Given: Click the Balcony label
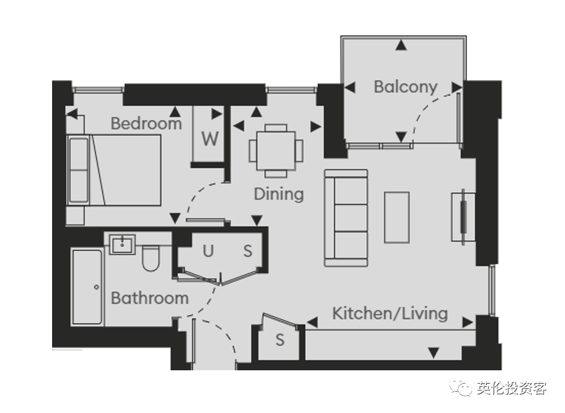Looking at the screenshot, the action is point(405,87).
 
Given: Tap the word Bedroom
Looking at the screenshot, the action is point(146,123).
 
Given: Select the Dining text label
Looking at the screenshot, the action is point(279,194).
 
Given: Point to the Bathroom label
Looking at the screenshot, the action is point(150,298).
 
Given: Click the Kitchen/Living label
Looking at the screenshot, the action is point(390,314).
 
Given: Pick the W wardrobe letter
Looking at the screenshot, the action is point(210,139).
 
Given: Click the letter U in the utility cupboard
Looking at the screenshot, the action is point(208,251).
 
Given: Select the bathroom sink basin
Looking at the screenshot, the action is point(122,244).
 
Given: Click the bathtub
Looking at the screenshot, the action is point(87,287).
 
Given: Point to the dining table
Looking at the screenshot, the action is point(276,151).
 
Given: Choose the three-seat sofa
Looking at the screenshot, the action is point(346,218).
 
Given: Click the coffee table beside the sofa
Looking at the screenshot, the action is point(397,218).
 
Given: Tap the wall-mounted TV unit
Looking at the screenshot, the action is point(463,217).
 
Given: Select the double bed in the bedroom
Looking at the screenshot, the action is point(114,170).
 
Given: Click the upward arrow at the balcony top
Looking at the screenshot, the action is point(401,45).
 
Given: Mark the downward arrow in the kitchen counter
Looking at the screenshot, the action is point(433,353).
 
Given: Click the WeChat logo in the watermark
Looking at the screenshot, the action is point(461,388).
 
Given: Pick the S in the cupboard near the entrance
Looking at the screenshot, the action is point(280,340).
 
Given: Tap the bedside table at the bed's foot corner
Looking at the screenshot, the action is point(75,216).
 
